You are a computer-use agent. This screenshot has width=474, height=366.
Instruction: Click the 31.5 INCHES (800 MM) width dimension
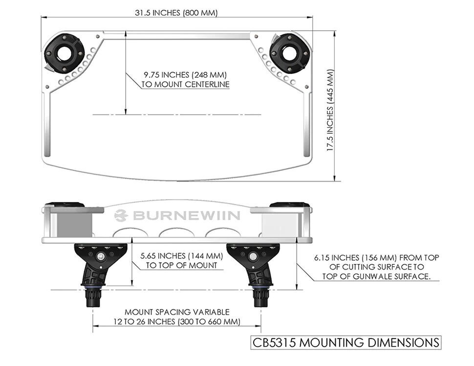click(x=176, y=13)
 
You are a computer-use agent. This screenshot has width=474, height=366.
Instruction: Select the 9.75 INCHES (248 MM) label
click(x=185, y=75)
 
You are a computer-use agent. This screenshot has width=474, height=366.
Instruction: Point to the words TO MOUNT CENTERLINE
click(x=185, y=84)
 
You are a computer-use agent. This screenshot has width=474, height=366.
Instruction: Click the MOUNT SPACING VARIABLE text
click(x=177, y=312)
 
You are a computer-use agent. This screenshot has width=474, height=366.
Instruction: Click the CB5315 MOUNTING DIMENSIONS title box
click(x=345, y=342)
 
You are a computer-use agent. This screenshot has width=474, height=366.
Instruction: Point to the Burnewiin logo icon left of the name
click(x=121, y=215)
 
